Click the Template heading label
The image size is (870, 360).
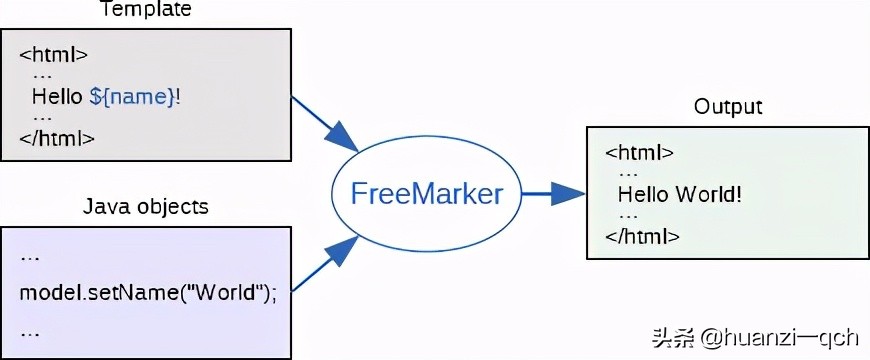click(146, 10)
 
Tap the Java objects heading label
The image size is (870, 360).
click(146, 207)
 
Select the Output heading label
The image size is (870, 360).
click(728, 107)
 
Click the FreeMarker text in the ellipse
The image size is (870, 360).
click(427, 194)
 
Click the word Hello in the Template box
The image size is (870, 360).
click(58, 97)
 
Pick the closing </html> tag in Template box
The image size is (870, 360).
click(57, 138)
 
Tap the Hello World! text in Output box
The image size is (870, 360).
click(680, 194)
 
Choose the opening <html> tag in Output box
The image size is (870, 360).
click(640, 153)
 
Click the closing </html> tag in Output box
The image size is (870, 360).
click(643, 236)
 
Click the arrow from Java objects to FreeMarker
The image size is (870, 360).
click(324, 269)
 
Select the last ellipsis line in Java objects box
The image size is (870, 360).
click(30, 330)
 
